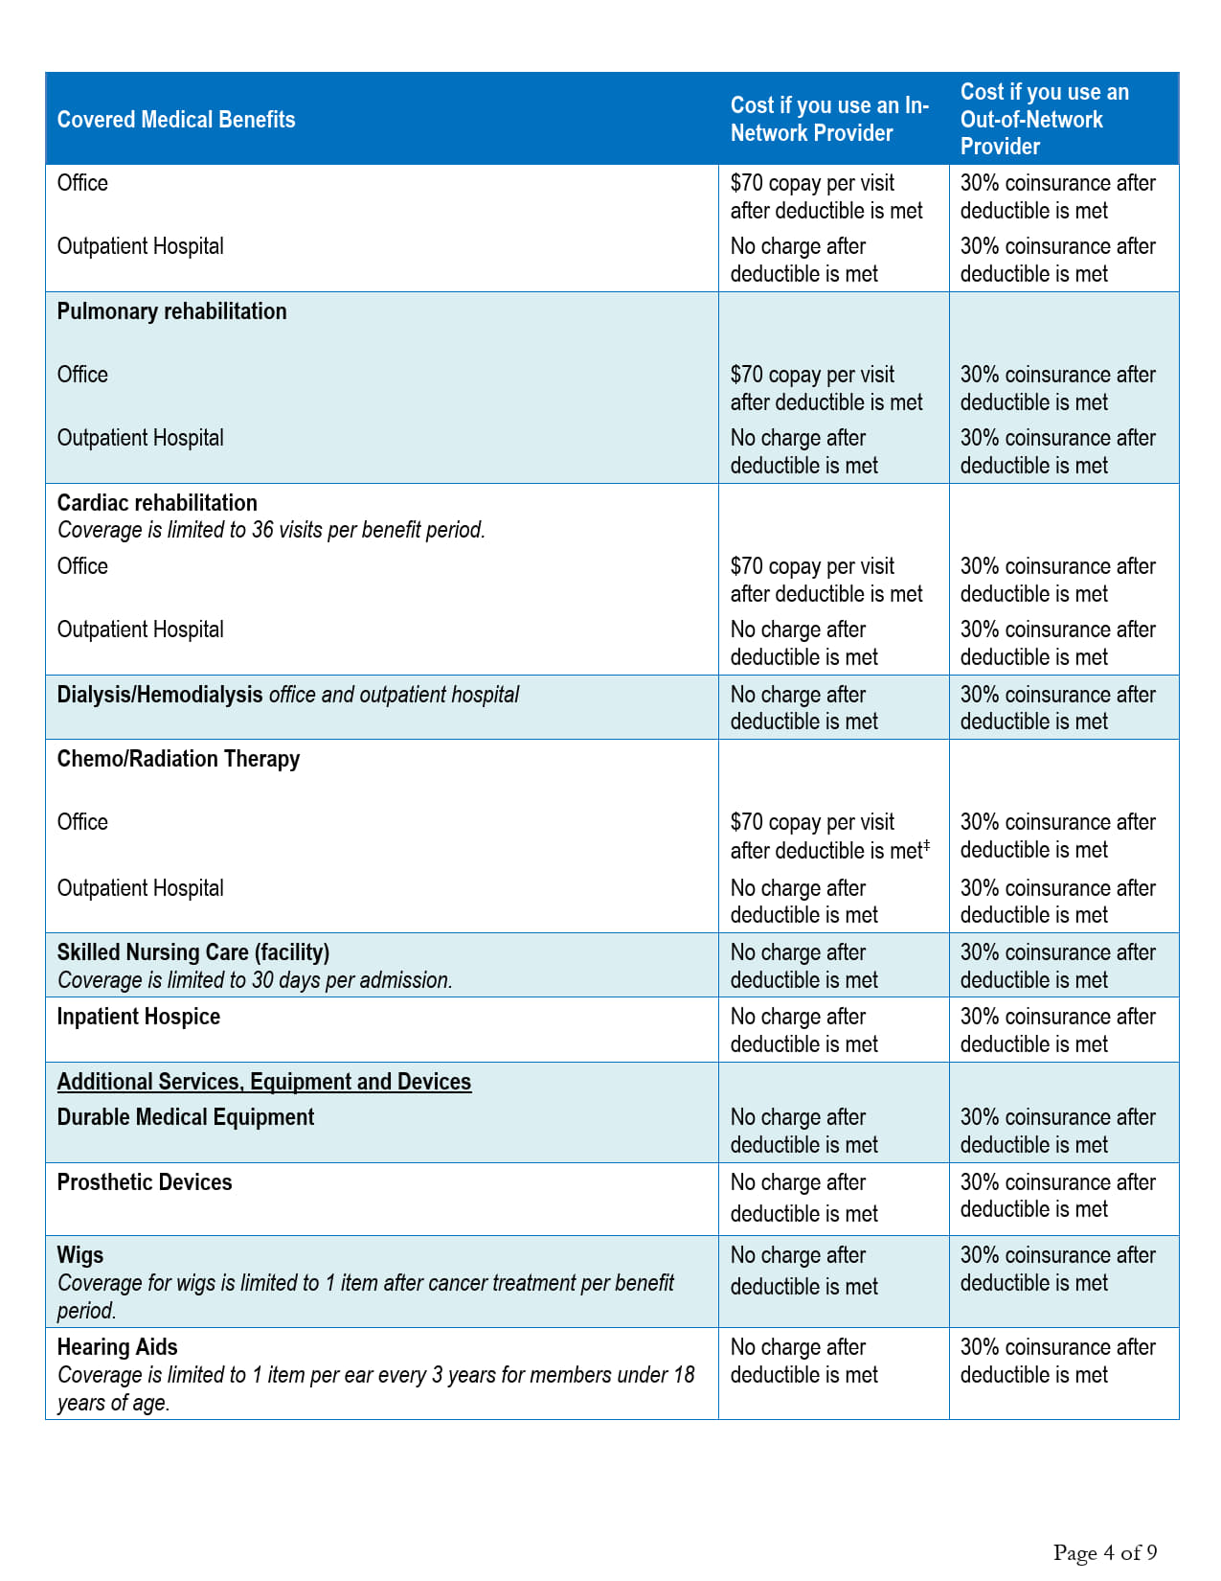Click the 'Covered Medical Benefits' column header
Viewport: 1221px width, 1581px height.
coord(176,120)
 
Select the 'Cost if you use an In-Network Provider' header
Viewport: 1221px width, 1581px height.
coord(829,119)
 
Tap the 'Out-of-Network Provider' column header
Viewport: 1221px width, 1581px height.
coord(1045,119)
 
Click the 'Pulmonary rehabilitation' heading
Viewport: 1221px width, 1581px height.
coord(171,311)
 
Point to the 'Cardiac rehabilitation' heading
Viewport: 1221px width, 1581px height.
coord(157,503)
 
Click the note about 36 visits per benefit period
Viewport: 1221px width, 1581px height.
coord(271,530)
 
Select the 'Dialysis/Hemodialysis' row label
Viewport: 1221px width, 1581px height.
coord(160,695)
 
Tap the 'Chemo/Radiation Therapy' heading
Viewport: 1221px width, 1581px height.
coord(178,759)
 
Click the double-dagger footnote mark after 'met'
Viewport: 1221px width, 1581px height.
coord(926,845)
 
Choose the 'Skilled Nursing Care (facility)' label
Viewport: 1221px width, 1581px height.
coord(193,952)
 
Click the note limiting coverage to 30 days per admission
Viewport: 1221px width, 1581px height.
coord(255,980)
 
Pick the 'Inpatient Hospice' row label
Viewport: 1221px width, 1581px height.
coord(139,1017)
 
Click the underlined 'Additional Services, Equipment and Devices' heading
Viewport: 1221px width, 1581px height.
coord(264,1082)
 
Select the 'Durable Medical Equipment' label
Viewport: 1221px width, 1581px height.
coord(186,1117)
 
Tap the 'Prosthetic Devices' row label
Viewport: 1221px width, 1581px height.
coord(145,1182)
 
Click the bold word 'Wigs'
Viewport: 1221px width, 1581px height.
coord(80,1255)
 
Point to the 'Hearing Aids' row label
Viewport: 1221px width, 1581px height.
coord(118,1347)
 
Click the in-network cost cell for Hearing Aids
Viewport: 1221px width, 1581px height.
coord(804,1362)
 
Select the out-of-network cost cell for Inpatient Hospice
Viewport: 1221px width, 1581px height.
coord(1057,1030)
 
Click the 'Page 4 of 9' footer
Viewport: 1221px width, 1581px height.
coord(1105,1552)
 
